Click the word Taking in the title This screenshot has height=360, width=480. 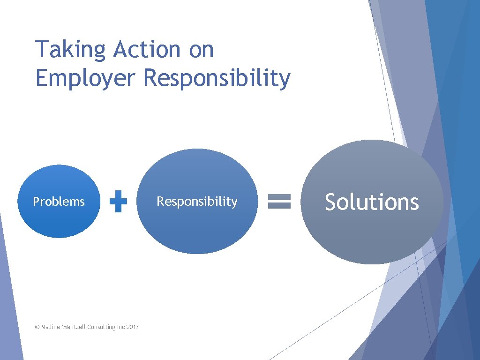coord(71,50)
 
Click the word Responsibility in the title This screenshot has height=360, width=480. coord(217,78)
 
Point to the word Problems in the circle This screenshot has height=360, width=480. coord(59,202)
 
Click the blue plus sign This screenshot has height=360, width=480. coord(118,202)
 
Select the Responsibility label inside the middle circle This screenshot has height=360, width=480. coord(197,202)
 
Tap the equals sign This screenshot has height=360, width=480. coord(279,202)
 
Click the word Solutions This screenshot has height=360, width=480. coord(372,202)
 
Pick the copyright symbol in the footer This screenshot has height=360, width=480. coord(37,327)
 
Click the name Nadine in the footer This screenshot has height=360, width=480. coord(50,327)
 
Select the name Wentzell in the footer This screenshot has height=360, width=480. coord(73,327)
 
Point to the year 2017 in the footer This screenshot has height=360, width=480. coord(132,327)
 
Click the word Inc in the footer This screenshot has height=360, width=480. coord(120,327)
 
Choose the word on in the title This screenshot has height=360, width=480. coord(201,50)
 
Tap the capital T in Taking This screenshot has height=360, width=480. coord(42,49)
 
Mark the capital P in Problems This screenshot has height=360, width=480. coord(36,202)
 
